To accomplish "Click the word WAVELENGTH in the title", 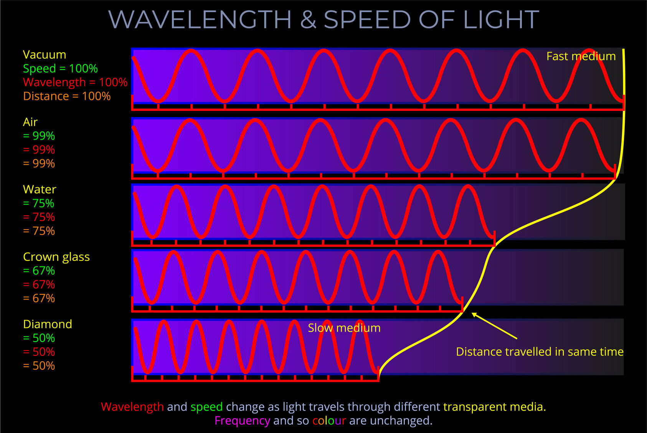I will pos(200,20).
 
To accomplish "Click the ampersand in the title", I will pos(308,20).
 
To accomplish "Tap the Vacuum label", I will pos(44,55).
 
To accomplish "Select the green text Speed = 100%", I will pos(60,68).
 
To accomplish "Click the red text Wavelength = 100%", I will pos(75,82).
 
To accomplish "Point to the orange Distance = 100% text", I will pos(67,96).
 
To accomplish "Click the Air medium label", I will pos(30,122).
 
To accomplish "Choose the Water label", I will pos(40,189).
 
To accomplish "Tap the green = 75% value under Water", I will pos(38,203).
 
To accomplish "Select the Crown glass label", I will pos(56,257).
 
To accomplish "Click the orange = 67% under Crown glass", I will pos(39,298).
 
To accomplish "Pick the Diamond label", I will pos(48,324).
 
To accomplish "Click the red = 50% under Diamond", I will pos(39,352).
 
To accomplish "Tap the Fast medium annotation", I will pos(581,56).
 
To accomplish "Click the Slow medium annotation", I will pos(344,328).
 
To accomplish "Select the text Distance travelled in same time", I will pos(539,352).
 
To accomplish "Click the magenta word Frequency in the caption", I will pos(242,421).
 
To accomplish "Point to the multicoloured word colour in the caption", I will pos(329,421).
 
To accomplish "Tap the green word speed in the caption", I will pos(206,407).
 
